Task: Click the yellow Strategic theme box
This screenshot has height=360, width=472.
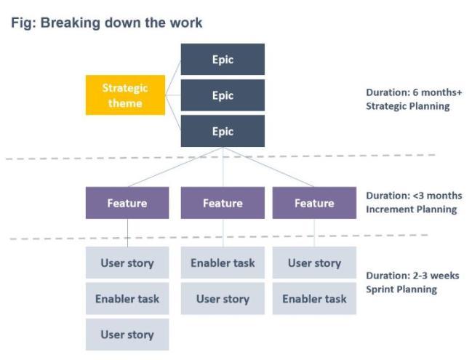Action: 125,95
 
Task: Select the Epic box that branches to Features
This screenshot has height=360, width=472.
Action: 223,131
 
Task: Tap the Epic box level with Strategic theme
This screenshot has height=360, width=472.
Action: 223,95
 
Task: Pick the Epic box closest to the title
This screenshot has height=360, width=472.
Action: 223,60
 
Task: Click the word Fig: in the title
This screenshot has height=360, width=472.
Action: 23,23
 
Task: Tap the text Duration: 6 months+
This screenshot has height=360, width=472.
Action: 414,92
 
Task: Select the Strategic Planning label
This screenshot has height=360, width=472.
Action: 408,106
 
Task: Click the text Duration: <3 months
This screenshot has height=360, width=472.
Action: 414,196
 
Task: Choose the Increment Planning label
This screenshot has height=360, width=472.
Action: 412,209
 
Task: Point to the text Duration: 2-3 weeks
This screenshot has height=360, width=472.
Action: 412,276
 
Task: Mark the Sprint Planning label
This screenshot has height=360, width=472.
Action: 401,289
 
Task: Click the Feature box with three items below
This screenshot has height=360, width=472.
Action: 127,203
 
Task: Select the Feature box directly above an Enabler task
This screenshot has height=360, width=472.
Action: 223,203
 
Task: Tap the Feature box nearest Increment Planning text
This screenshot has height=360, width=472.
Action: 314,203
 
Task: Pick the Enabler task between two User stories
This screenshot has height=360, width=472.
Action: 127,299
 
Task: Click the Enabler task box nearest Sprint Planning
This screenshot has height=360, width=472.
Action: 314,299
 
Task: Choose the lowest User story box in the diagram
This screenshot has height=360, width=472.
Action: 127,335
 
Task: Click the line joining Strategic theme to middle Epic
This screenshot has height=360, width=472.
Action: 173,95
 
